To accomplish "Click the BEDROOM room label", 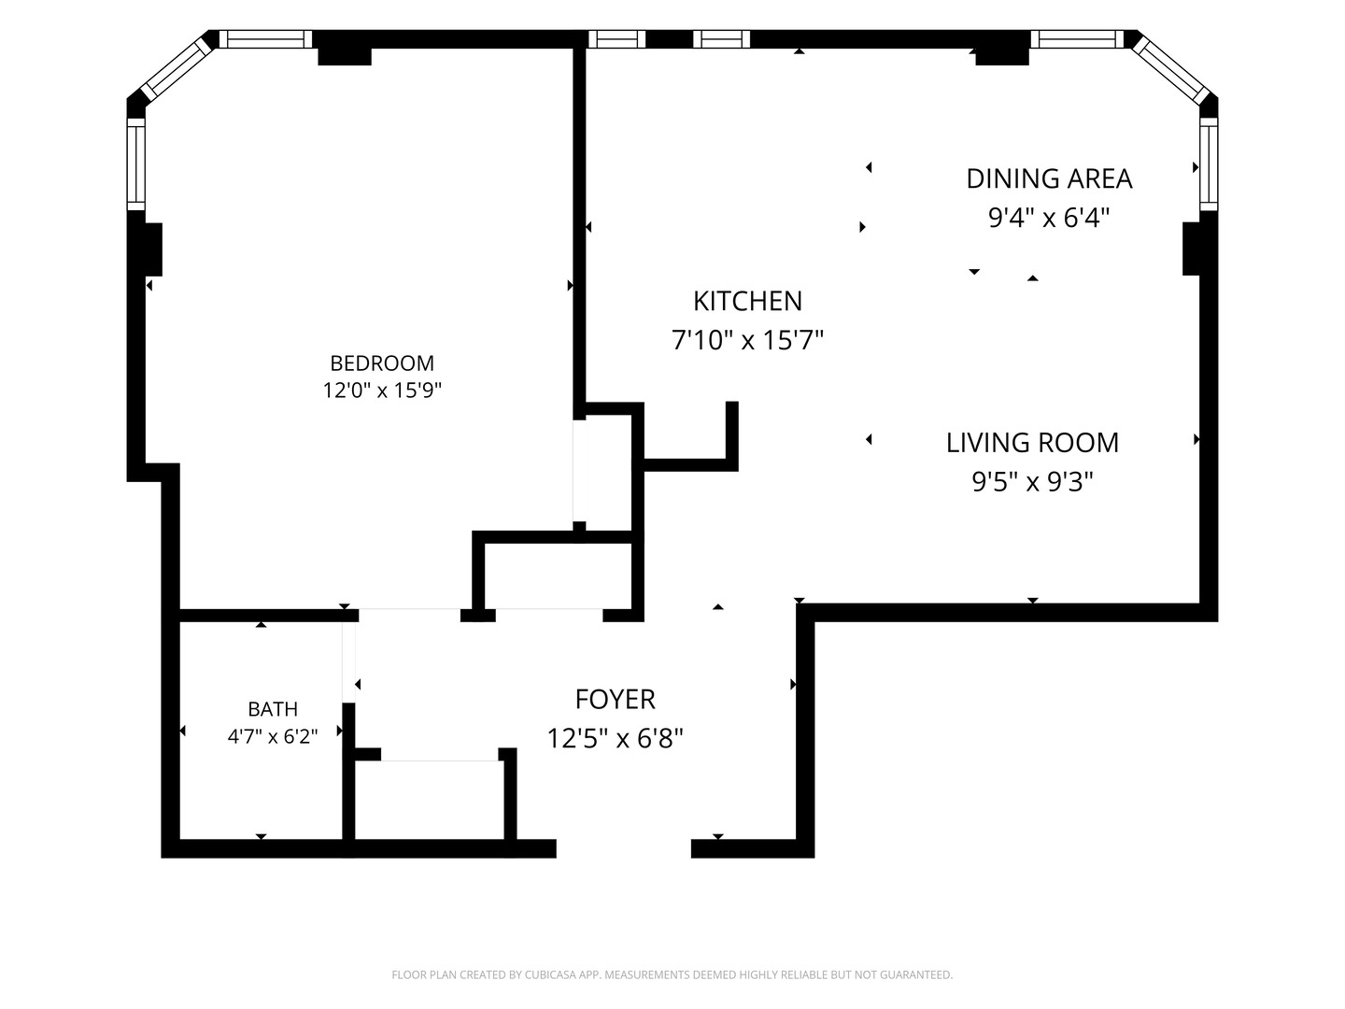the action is (x=382, y=363).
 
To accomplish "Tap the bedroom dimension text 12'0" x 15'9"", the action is (x=382, y=391).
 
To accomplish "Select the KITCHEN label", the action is (x=747, y=301).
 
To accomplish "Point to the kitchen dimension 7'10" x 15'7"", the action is (x=747, y=340).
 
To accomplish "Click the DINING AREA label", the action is (x=1049, y=178).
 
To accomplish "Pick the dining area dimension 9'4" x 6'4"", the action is (x=1049, y=218).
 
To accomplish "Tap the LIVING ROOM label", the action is (x=1032, y=443).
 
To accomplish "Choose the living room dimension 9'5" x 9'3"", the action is (x=1032, y=482).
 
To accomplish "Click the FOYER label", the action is (x=616, y=700).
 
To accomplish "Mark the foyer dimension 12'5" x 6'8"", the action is (x=616, y=738).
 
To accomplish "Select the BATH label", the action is (x=273, y=709).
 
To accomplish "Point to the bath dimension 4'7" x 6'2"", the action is (x=273, y=736).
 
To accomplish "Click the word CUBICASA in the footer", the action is (x=548, y=974).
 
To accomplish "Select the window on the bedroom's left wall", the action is (x=136, y=164).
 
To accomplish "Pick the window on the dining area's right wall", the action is (x=1209, y=164).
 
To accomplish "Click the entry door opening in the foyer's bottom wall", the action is (x=624, y=848).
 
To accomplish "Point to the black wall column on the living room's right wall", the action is (x=1191, y=249).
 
